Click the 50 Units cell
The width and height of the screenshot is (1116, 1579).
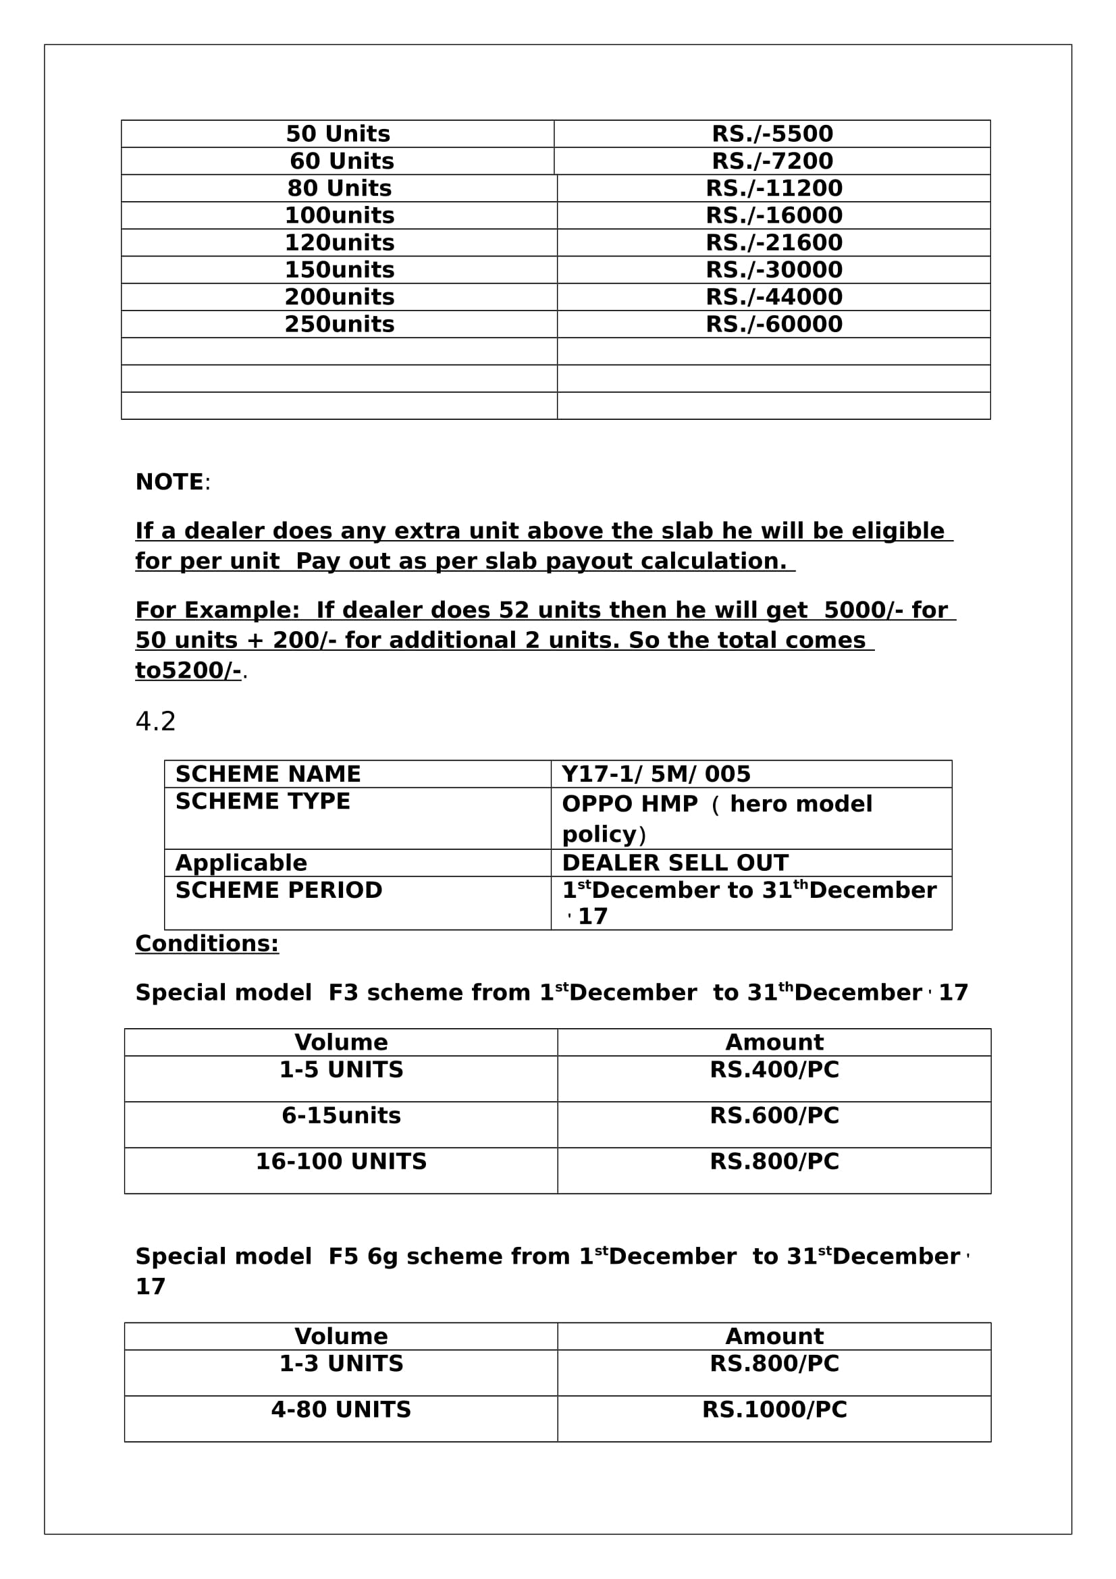click(x=338, y=134)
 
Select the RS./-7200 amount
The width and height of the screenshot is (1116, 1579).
click(x=772, y=161)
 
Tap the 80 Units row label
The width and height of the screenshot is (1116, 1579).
click(x=339, y=188)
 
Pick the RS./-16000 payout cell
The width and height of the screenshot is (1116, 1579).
click(x=774, y=215)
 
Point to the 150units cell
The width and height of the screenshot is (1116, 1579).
click(x=339, y=269)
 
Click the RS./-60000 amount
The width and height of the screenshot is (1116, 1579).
click(x=774, y=324)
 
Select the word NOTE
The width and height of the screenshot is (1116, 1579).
click(x=169, y=482)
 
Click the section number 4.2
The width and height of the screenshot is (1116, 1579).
click(x=155, y=722)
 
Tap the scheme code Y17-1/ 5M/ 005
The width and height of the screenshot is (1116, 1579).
click(x=656, y=774)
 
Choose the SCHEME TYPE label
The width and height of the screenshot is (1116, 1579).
click(x=263, y=801)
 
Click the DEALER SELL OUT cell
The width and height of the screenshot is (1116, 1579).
click(x=674, y=863)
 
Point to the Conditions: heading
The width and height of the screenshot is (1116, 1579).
click(x=207, y=944)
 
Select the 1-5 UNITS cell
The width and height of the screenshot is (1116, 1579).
click(x=341, y=1070)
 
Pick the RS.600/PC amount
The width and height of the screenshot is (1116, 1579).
click(x=774, y=1115)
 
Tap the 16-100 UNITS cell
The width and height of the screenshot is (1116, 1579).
click(x=341, y=1162)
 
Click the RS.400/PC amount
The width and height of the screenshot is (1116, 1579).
click(x=774, y=1070)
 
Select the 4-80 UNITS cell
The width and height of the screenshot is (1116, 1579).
click(x=341, y=1410)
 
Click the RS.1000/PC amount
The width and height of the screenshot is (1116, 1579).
click(x=774, y=1410)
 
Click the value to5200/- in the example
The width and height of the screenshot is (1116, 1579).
click(x=188, y=670)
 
